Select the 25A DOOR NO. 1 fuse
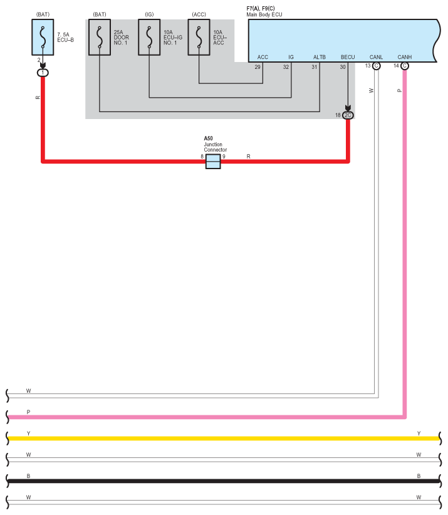[99, 37]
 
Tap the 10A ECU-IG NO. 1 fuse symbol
[149, 37]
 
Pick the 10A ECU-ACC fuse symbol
[199, 37]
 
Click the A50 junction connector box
[213, 162]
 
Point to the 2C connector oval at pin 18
[348, 115]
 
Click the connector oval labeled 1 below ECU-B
[43, 73]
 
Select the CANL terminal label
[376, 57]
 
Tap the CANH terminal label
[404, 57]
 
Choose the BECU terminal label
[348, 57]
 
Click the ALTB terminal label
[320, 57]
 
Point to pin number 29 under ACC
[258, 66]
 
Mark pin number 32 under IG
[286, 66]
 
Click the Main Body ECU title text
[266, 13]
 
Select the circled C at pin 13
[376, 66]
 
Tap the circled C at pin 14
[405, 66]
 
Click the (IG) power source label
[149, 13]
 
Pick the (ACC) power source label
[199, 13]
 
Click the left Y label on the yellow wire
[28, 433]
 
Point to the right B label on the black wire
[419, 476]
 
